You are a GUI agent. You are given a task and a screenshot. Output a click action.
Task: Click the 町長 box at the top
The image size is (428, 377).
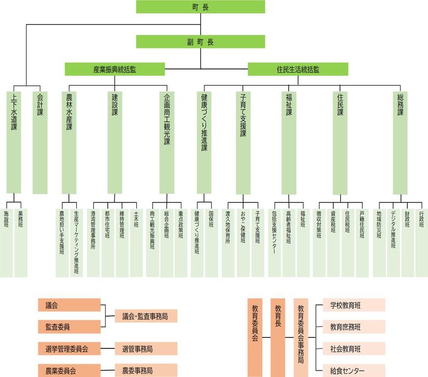(x=201, y=7)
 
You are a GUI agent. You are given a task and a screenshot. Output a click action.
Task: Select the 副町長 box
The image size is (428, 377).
(x=201, y=42)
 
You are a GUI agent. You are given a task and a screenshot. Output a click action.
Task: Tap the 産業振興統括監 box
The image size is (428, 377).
(x=115, y=69)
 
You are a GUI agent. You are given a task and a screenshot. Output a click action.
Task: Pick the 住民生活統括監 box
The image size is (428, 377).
(x=298, y=69)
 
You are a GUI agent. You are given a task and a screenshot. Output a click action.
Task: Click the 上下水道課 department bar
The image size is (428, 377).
(x=13, y=142)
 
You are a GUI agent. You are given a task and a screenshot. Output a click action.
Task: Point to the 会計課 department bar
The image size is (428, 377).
(x=40, y=142)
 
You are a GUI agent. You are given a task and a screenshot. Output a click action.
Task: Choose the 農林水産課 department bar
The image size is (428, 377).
(x=69, y=142)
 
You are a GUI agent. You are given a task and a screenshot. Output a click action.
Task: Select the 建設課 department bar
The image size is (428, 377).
(x=115, y=142)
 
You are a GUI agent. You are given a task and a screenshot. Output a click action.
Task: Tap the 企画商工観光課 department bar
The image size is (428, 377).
(x=167, y=142)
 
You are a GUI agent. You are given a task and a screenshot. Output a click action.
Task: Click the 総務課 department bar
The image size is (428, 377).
(x=400, y=143)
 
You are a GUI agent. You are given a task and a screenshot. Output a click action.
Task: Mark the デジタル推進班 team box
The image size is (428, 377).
(x=393, y=243)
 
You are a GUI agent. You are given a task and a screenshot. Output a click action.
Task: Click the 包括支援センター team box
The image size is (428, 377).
(x=274, y=243)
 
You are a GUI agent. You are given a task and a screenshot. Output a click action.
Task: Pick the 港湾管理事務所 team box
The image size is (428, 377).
(x=93, y=243)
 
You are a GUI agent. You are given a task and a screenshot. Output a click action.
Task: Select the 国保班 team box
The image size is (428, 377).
(x=211, y=243)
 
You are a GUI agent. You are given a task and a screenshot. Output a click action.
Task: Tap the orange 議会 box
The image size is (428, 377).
(x=69, y=305)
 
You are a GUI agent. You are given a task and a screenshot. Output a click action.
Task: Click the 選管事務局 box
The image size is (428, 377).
(x=146, y=348)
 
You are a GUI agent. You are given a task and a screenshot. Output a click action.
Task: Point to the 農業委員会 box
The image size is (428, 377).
(x=69, y=370)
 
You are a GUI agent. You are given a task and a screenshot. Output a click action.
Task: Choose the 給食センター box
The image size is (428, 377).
(x=354, y=370)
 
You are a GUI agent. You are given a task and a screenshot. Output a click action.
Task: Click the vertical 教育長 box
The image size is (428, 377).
(x=278, y=338)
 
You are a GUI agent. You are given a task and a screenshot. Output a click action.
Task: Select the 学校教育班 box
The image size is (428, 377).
(x=354, y=305)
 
